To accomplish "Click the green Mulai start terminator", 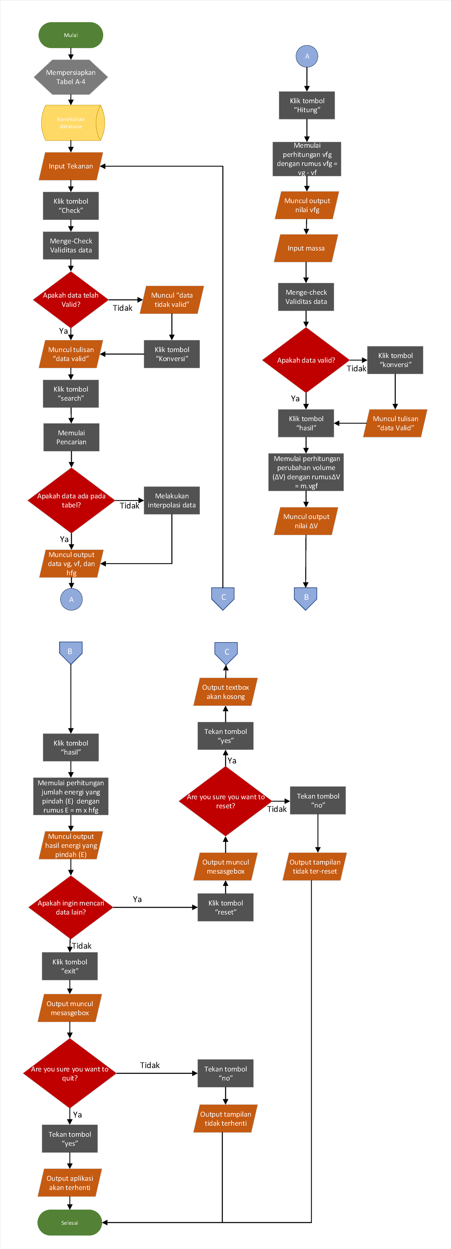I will pos(71,35).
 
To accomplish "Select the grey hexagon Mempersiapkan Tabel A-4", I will pos(71,77).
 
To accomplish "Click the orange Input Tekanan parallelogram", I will pos(71,166).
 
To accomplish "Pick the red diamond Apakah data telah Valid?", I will pos(71,300).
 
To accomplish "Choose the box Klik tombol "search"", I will pos(71,394).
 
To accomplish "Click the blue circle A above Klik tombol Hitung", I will pos(307,56).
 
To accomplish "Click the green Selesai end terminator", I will pos(70,1222).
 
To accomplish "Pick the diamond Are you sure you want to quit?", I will pos(70,1073).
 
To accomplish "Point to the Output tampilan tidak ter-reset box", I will pos(315,867).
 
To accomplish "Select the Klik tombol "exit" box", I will pos(70,966).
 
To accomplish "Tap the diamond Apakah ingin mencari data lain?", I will pos(71,907).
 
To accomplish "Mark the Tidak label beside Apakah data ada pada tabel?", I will pos(129,506).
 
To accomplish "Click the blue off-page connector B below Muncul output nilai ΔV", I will pos(306,598).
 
